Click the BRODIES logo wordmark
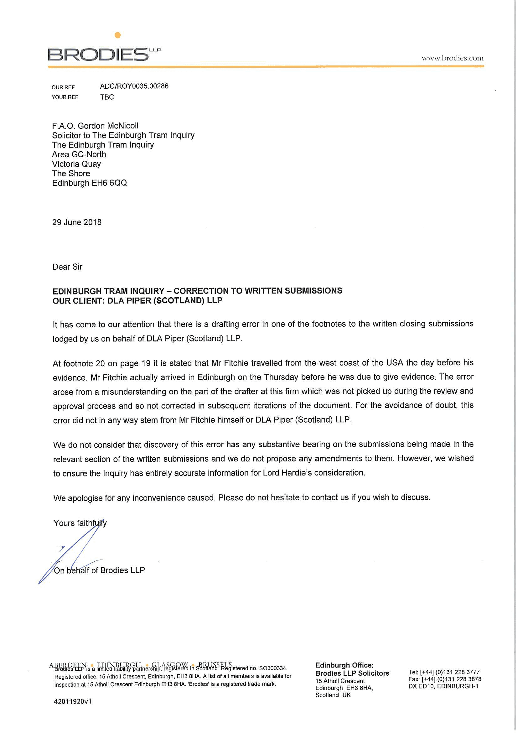coord(98,55)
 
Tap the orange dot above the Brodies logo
coord(118,35)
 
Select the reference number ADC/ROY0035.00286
coord(134,86)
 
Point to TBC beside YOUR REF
coord(107,97)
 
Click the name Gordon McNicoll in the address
coord(108,126)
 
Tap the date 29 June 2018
coord(77,222)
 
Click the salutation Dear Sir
coord(67,267)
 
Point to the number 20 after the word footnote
coord(100,364)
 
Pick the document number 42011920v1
coord(73,701)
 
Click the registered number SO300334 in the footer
coord(273,668)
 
